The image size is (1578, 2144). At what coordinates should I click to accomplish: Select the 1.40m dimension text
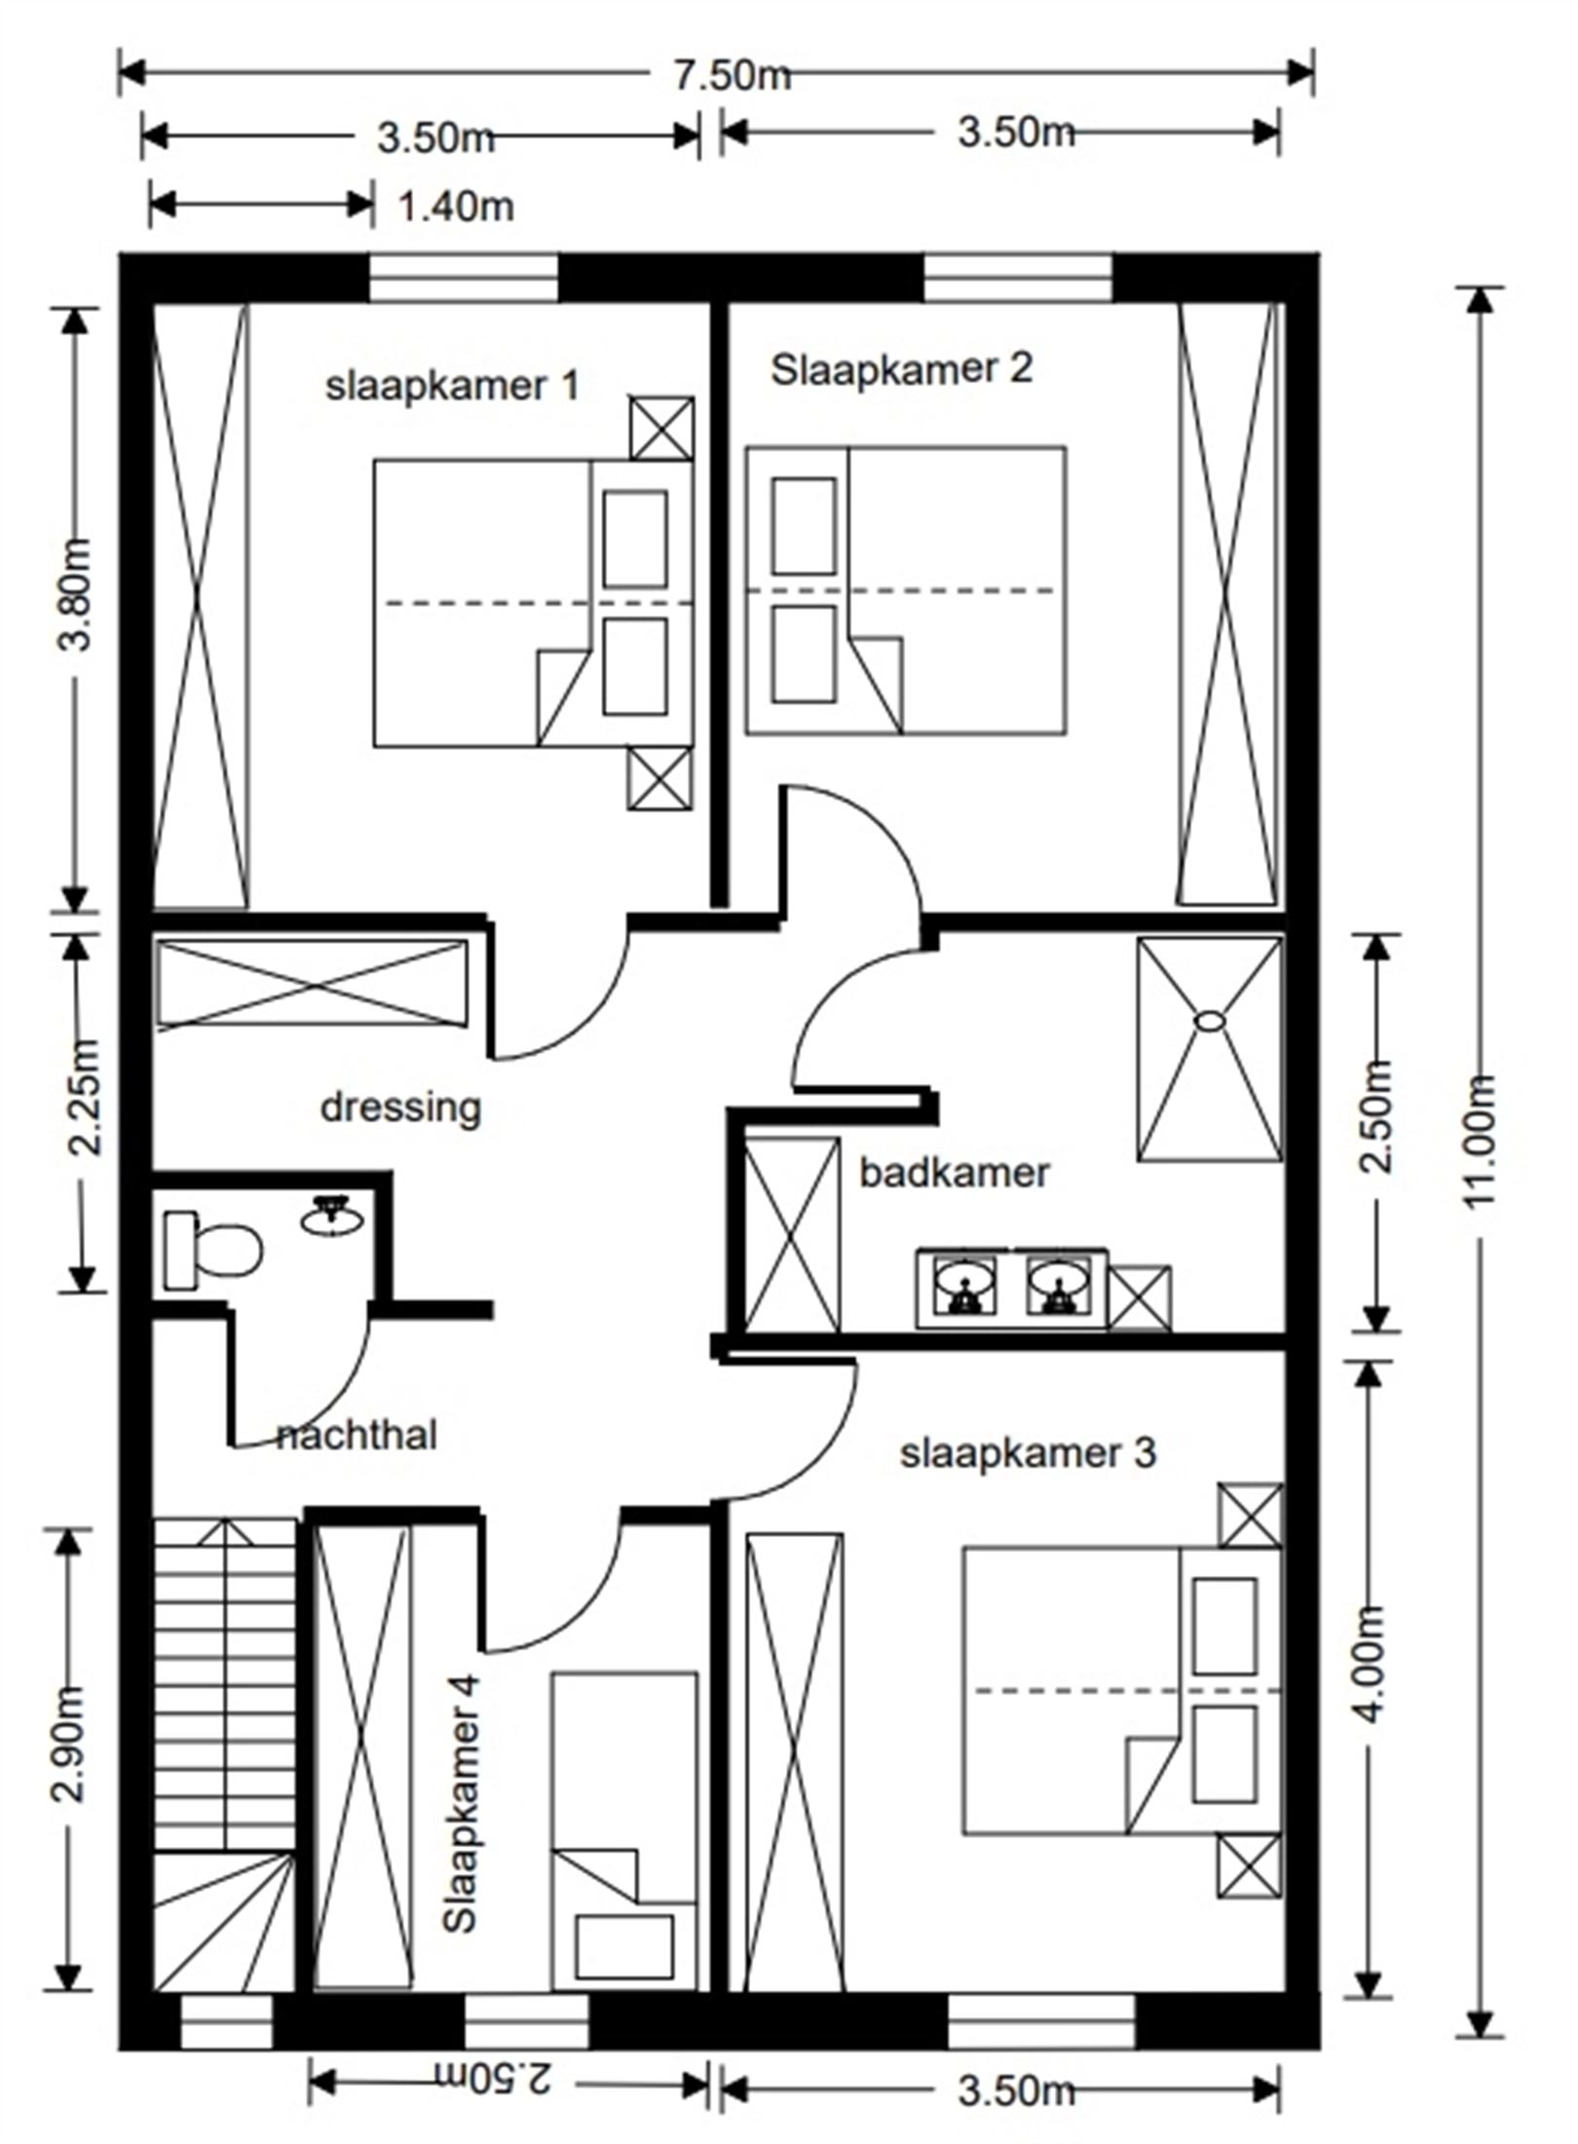point(456,207)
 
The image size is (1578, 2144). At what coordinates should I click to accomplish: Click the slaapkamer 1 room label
point(452,387)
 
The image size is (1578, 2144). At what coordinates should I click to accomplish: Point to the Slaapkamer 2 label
point(901,370)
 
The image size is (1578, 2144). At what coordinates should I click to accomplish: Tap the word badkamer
point(954,1173)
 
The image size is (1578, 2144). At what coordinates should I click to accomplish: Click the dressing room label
point(400,1108)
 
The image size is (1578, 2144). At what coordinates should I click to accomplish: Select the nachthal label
point(357,1436)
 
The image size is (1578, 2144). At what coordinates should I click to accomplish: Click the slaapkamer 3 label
point(1027,1453)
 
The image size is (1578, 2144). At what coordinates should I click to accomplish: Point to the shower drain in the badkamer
point(1209,1021)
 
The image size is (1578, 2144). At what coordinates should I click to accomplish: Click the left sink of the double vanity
point(964,1287)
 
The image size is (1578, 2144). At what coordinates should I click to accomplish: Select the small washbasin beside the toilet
point(332,1217)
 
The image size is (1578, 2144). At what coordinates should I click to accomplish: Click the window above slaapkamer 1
point(464,278)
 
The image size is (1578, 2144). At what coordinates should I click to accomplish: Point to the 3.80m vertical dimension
point(76,593)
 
